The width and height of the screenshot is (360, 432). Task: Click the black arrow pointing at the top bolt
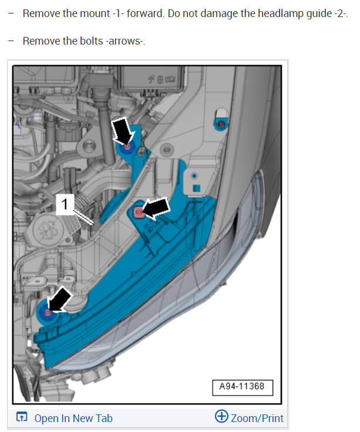click(x=123, y=131)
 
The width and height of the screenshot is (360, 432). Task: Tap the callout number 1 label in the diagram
click(x=65, y=204)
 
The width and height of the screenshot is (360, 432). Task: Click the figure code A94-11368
click(x=242, y=386)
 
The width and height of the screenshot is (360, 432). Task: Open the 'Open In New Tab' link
click(x=73, y=419)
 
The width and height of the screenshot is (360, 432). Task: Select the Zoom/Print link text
click(x=257, y=419)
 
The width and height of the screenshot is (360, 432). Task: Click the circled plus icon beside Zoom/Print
click(x=221, y=416)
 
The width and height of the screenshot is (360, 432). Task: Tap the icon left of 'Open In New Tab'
click(x=22, y=417)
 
